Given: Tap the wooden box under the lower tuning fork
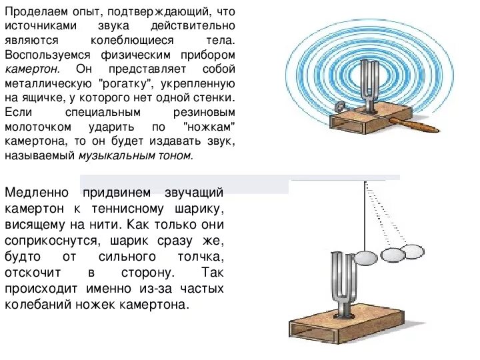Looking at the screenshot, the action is (347, 326).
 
